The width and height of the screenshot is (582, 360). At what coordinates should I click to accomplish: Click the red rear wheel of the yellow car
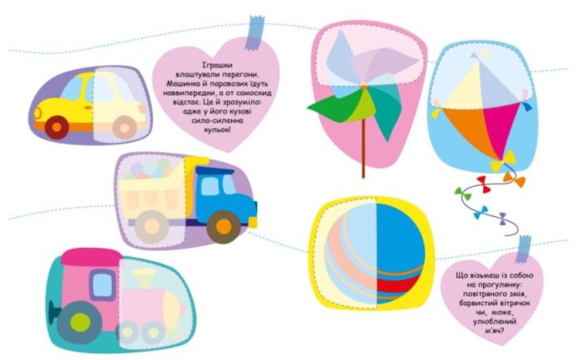(x=57, y=127)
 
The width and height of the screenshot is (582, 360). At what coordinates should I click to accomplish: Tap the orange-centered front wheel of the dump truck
(x=224, y=227)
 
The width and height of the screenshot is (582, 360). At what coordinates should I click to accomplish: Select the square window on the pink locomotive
(x=103, y=284)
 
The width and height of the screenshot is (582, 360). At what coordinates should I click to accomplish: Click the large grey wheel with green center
(x=80, y=322)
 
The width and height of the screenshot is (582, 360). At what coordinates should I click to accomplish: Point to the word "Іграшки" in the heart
(x=218, y=66)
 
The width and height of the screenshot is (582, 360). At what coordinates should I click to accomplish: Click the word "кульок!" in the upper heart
(x=218, y=130)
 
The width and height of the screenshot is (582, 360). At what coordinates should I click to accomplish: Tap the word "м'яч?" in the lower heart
(x=495, y=330)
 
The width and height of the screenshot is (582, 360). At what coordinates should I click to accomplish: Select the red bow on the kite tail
(x=484, y=184)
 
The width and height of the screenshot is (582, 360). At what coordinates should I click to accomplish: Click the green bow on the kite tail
(x=462, y=194)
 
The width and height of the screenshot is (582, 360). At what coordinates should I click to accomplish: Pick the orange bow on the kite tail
(x=515, y=179)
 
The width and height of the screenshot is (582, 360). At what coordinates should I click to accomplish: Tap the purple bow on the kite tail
(x=502, y=219)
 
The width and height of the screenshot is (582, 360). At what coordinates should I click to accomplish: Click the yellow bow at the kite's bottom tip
(x=502, y=160)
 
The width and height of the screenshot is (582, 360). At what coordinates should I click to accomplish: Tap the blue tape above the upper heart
(x=254, y=32)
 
